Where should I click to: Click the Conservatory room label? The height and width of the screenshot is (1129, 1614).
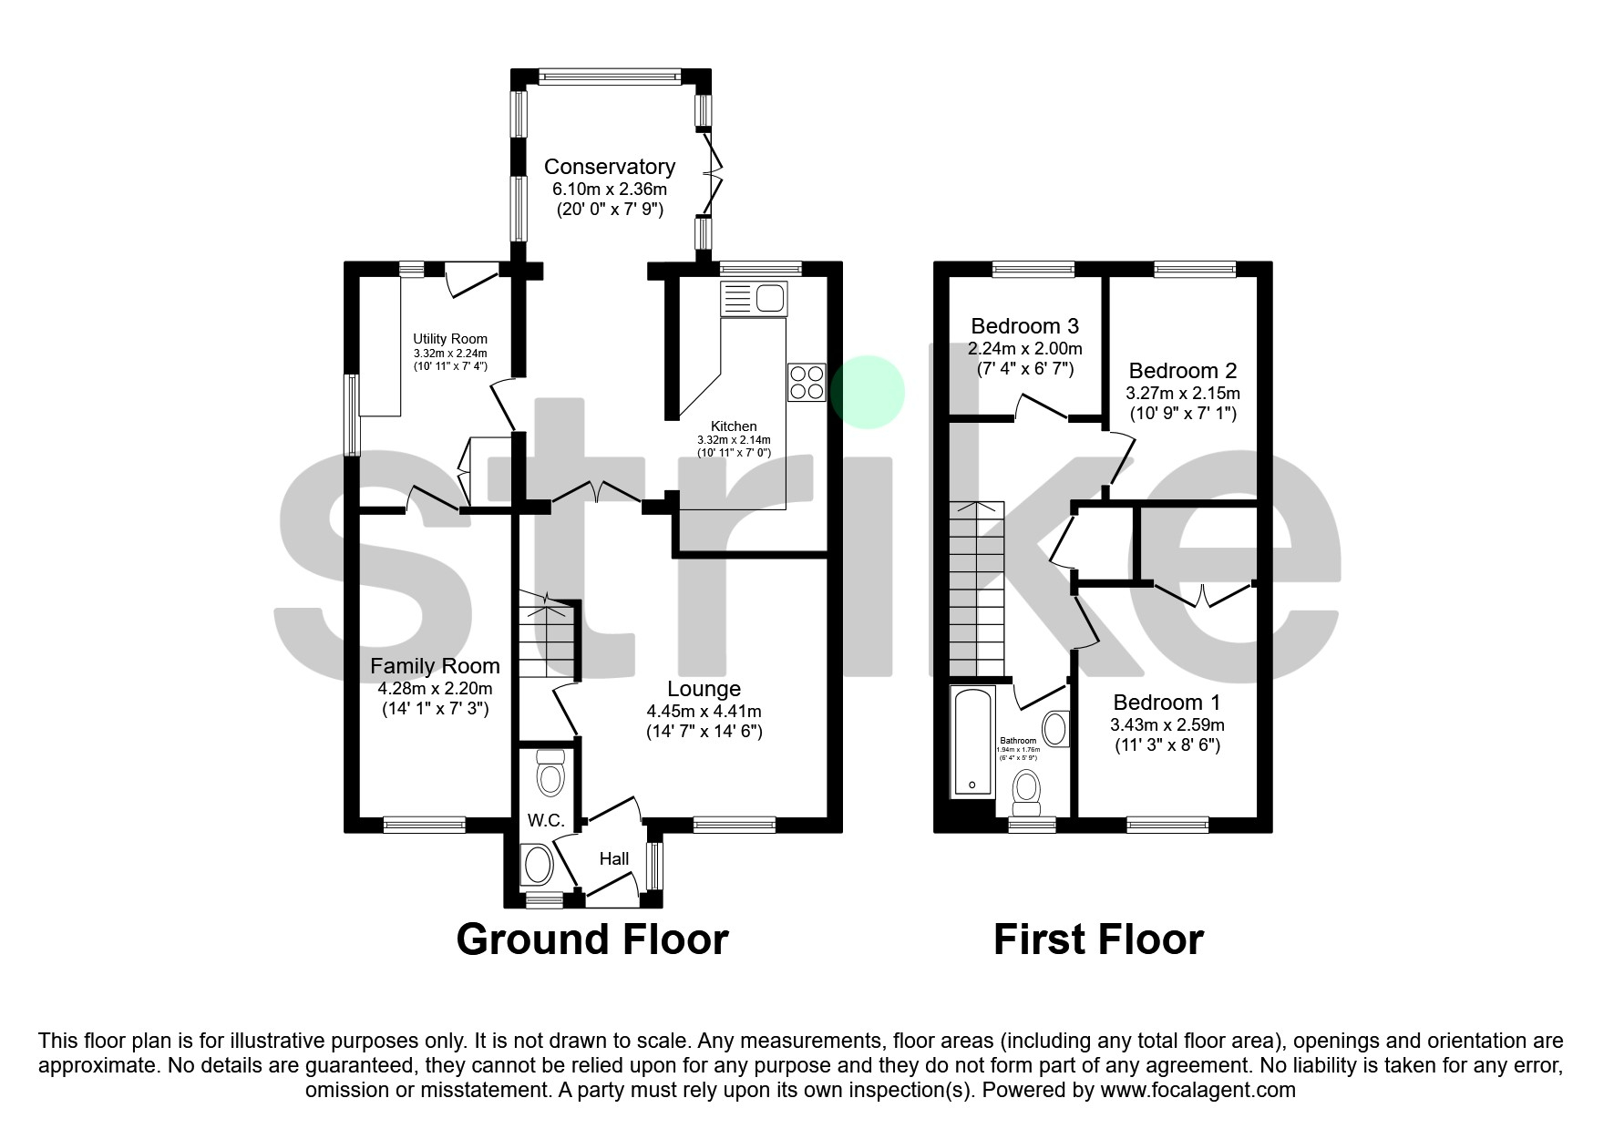[x=609, y=167]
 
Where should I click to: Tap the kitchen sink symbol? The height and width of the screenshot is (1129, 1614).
[x=753, y=298]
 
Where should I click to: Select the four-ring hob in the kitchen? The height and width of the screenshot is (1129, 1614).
[x=806, y=382]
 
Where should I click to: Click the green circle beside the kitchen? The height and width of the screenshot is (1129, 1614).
[x=868, y=392]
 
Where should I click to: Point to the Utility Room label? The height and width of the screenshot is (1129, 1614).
[x=450, y=339]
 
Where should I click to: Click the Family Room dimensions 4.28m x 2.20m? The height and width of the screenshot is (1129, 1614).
[x=436, y=689]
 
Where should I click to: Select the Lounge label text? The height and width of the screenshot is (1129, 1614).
[x=704, y=689]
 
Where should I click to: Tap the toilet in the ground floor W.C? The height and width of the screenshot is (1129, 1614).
[x=550, y=773]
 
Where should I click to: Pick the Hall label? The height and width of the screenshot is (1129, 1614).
[x=614, y=858]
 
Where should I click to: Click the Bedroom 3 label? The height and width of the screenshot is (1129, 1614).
[x=1024, y=326]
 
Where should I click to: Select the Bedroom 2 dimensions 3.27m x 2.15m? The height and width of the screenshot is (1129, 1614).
[x=1182, y=394]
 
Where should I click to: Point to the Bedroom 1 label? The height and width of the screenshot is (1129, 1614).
[x=1167, y=703]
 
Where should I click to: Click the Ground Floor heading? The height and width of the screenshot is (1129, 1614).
[x=591, y=939]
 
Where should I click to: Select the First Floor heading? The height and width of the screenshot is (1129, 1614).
[x=1097, y=939]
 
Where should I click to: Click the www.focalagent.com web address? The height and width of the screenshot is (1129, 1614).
[x=1198, y=1090]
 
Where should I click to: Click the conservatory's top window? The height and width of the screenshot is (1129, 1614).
[x=610, y=77]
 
